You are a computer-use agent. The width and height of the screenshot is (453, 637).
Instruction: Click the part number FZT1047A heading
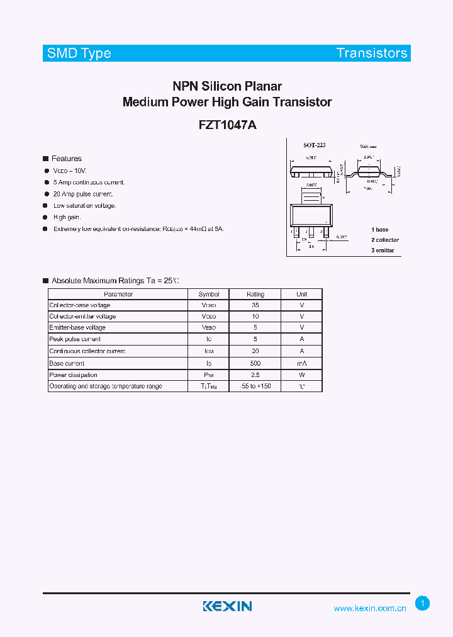[227, 125]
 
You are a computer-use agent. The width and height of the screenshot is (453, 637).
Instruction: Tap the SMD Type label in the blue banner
[79, 54]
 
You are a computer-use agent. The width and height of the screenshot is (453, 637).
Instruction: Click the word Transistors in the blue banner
[371, 54]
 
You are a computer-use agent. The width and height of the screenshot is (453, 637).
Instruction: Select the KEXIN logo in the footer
[227, 606]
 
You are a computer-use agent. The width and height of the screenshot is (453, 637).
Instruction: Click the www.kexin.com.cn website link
[369, 608]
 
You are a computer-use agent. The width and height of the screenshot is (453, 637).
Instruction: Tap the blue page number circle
[423, 604]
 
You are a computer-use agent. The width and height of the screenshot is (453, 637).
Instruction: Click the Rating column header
[255, 294]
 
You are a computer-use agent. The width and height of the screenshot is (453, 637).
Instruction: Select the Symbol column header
[209, 294]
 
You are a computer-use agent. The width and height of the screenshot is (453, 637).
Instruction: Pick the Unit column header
[302, 294]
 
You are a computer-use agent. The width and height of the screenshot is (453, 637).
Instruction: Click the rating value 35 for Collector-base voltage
[255, 305]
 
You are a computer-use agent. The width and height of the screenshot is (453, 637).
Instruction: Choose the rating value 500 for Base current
[255, 363]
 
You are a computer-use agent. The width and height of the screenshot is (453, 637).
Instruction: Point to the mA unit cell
[302, 363]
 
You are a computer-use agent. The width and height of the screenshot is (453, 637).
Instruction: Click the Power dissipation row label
[74, 375]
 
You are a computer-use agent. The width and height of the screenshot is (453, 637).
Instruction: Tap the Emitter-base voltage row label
[77, 328]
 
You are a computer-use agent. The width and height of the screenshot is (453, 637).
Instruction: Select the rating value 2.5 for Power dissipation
[255, 375]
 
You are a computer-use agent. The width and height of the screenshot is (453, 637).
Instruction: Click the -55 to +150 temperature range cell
[255, 386]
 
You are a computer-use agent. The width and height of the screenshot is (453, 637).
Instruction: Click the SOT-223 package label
[314, 145]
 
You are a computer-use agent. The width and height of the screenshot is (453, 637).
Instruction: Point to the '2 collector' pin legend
[384, 240]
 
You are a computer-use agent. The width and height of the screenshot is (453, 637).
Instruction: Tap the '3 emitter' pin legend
[383, 250]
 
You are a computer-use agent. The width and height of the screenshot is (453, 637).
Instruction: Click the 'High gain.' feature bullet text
[67, 217]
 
